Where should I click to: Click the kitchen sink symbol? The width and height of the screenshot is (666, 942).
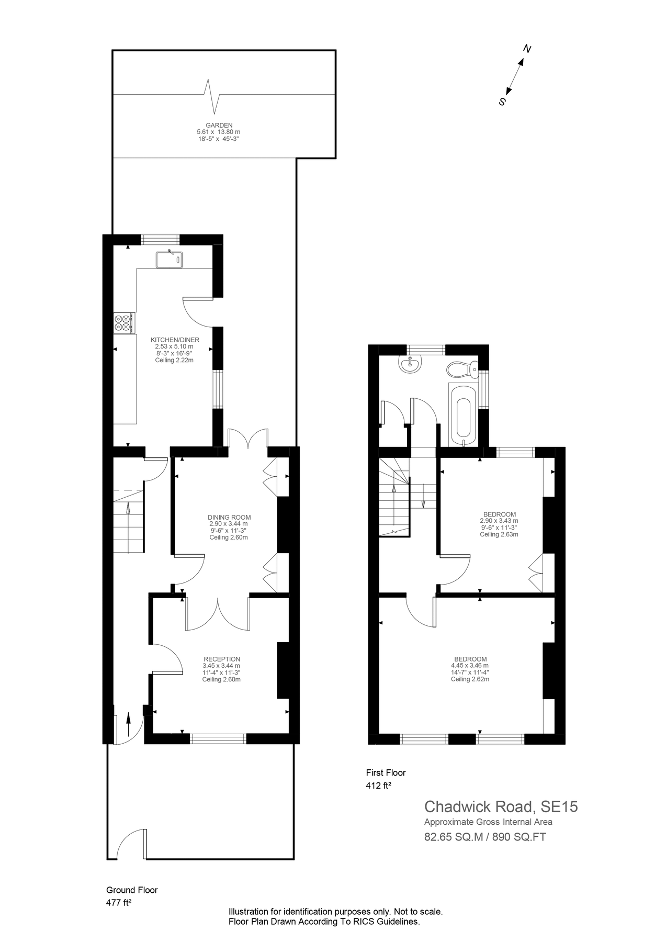click(168, 259)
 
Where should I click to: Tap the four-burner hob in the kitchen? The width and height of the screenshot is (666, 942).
click(123, 322)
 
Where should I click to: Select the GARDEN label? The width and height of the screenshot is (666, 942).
click(219, 126)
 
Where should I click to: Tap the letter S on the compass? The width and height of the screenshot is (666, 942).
click(502, 102)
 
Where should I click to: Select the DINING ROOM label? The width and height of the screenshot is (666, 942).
click(229, 517)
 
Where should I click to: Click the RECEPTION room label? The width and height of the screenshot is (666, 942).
click(222, 659)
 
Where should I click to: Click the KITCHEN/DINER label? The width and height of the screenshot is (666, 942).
click(175, 340)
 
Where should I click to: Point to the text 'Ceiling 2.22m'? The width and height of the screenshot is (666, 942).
click(174, 360)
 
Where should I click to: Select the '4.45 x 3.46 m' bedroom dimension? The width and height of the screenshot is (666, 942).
click(470, 666)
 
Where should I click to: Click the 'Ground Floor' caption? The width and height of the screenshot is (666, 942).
click(132, 890)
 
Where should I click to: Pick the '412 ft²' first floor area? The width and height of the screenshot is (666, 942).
click(379, 785)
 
